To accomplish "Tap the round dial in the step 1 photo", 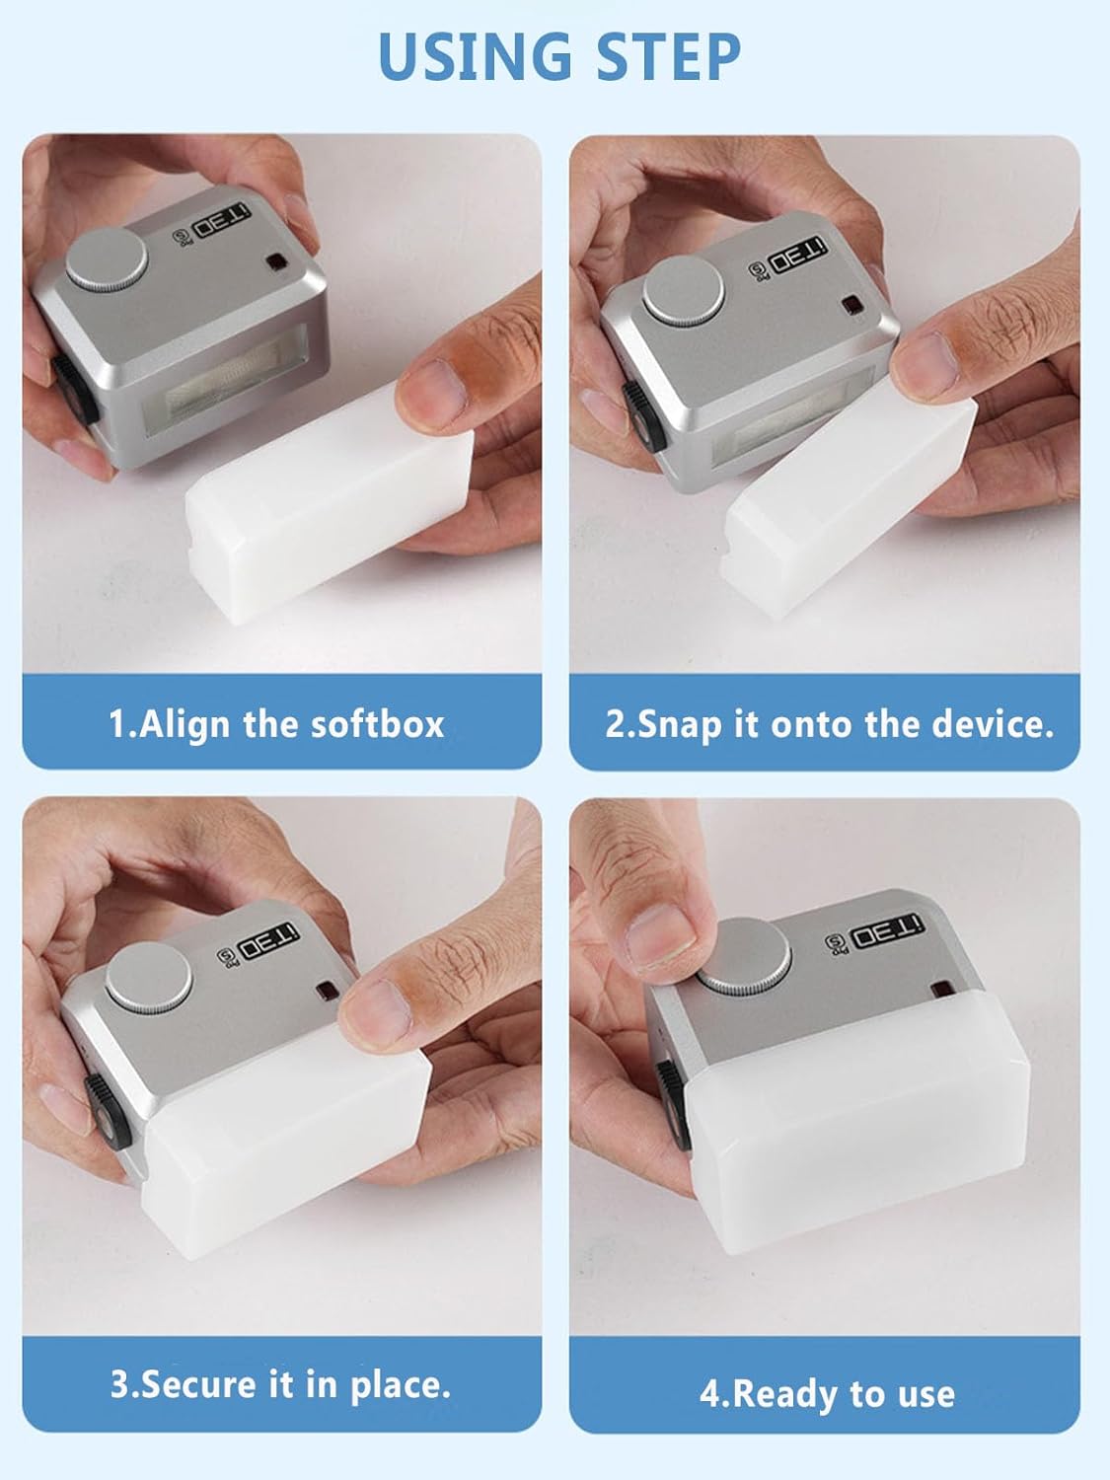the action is [107, 259].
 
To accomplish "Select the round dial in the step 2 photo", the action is [684, 291].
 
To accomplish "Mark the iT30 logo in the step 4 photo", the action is [887, 933].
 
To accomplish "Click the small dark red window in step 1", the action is [275, 263].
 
